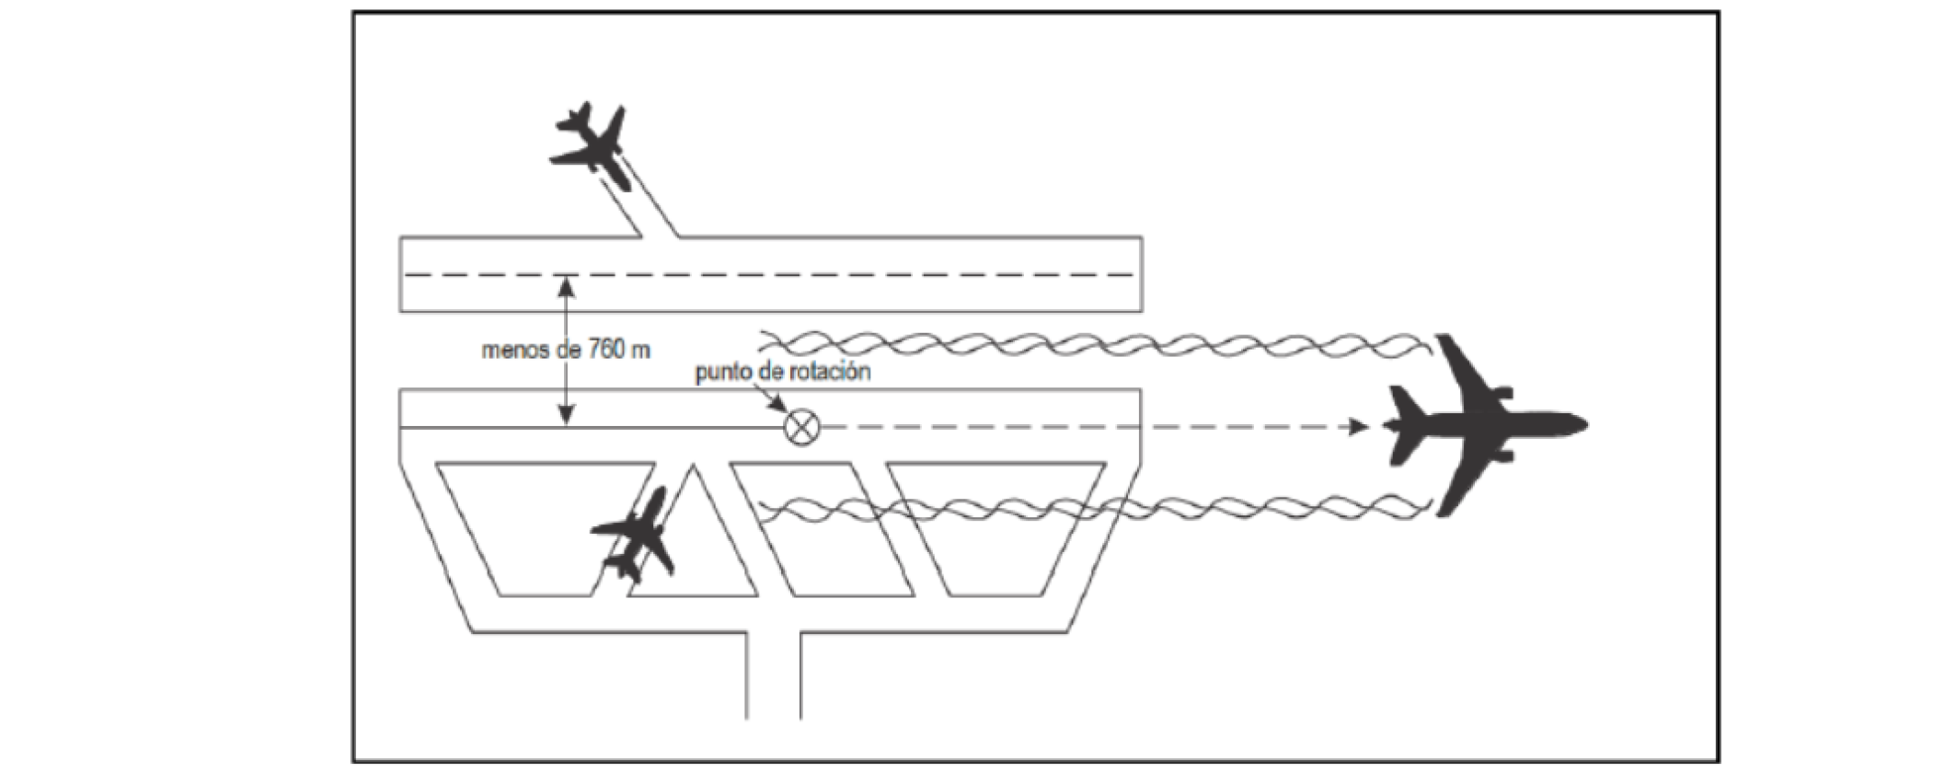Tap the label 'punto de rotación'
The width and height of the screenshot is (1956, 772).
(782, 373)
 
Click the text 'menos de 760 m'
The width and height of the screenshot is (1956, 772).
(566, 351)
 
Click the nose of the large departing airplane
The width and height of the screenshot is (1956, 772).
(1581, 425)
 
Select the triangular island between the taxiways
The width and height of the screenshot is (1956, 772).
(693, 543)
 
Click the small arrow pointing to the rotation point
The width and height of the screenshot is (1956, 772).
(776, 401)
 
